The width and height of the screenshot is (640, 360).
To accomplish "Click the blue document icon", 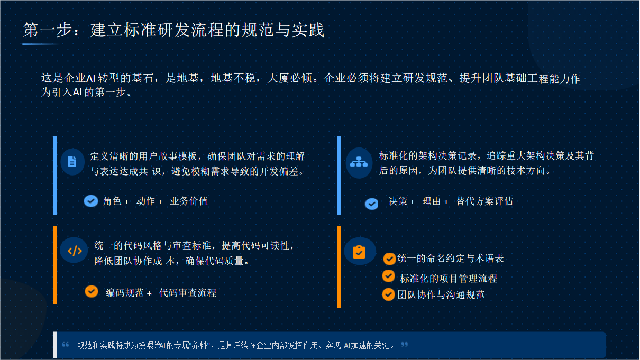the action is pyautogui.click(x=72, y=162).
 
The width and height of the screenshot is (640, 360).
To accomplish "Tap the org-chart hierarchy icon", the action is pyautogui.click(x=359, y=162).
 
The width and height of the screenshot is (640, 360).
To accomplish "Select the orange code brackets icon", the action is pyautogui.click(x=75, y=251).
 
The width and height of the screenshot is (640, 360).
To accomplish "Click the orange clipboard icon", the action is pyautogui.click(x=359, y=252).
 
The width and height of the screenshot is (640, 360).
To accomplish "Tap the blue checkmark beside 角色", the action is pyautogui.click(x=91, y=201).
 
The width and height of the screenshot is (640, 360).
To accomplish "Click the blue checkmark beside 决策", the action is pyautogui.click(x=372, y=204).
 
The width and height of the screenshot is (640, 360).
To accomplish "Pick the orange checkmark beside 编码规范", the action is pyautogui.click(x=92, y=291).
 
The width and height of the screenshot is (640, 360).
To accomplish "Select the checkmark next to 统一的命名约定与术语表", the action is pyautogui.click(x=389, y=259).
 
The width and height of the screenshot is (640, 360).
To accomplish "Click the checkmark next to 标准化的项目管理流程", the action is pyautogui.click(x=389, y=276).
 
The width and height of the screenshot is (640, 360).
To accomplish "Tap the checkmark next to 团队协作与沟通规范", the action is pyautogui.click(x=389, y=294).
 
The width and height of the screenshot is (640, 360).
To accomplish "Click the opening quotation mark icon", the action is pyautogui.click(x=66, y=345).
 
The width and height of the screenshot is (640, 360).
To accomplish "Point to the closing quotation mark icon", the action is pyautogui.click(x=404, y=345).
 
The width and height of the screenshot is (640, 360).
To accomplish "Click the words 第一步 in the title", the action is pyautogui.click(x=47, y=30).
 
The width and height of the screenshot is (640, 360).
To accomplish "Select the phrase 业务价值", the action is pyautogui.click(x=189, y=201).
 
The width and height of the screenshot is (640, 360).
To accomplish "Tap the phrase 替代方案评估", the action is pyautogui.click(x=484, y=201).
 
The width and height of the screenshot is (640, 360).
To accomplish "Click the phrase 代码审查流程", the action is pyautogui.click(x=188, y=293).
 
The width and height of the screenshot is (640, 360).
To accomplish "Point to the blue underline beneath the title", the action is pyautogui.click(x=40, y=44).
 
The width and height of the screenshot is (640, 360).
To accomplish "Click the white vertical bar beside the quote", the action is pyautogui.click(x=54, y=345).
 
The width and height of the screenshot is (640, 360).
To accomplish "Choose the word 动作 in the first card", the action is pyautogui.click(x=145, y=201).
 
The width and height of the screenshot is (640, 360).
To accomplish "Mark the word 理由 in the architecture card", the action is pyautogui.click(x=432, y=201).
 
